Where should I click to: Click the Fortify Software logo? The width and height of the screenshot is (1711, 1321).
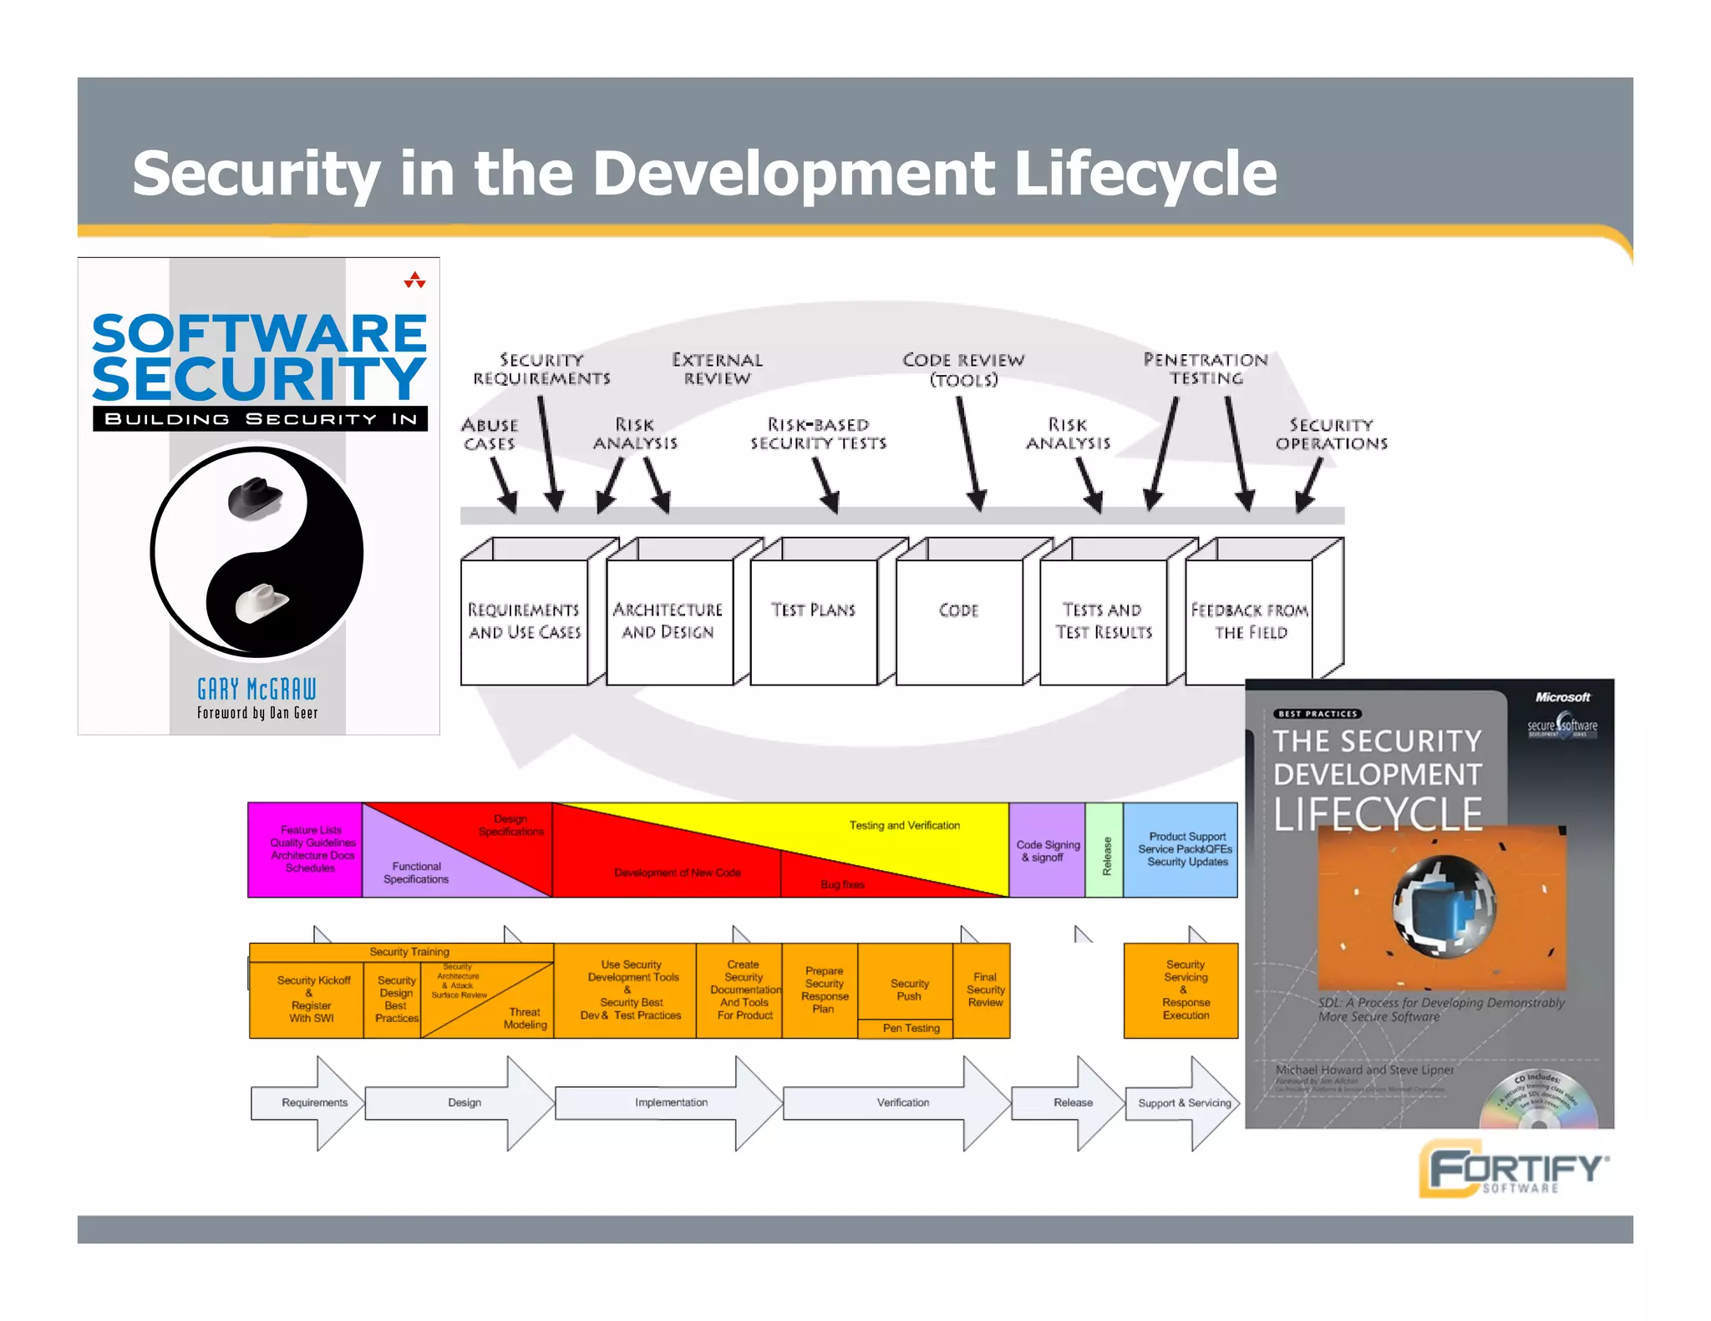click(1513, 1168)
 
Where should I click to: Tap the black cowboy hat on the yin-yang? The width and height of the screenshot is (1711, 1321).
click(255, 499)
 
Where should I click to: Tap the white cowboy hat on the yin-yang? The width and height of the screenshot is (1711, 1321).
click(261, 602)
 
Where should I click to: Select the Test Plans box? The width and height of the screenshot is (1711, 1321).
click(814, 620)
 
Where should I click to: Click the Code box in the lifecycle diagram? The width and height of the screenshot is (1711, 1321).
click(958, 620)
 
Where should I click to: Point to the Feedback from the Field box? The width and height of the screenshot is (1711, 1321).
click(1249, 620)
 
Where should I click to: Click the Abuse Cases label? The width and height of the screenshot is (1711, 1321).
click(490, 434)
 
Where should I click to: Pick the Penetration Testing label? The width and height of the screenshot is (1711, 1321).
click(1206, 369)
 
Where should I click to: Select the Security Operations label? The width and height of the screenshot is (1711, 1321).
click(1331, 434)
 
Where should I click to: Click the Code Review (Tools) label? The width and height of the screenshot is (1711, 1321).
click(963, 370)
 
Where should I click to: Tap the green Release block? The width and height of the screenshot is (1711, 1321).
click(1104, 850)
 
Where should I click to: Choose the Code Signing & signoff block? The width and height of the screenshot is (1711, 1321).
click(1048, 850)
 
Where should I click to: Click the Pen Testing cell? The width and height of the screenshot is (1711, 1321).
click(911, 1029)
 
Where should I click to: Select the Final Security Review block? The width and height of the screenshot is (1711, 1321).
click(984, 989)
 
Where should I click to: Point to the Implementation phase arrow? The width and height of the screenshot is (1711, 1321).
click(671, 1102)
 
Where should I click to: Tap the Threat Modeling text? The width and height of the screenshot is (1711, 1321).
click(525, 1018)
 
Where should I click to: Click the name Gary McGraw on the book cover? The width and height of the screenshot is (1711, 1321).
click(257, 689)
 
